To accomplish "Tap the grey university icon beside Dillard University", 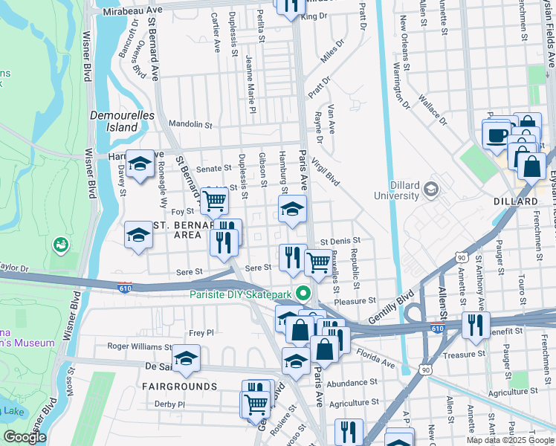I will [430, 190].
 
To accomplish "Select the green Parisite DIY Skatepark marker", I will [302, 292].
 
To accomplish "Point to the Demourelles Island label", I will [114, 121].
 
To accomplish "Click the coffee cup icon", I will [497, 135].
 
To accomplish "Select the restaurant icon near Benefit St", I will [474, 325].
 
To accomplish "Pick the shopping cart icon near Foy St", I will [214, 199].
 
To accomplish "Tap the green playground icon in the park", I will [61, 244].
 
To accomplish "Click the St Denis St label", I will [340, 241].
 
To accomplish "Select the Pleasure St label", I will [355, 301].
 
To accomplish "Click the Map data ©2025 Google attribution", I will [510, 440].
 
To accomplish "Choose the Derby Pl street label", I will [169, 404].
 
